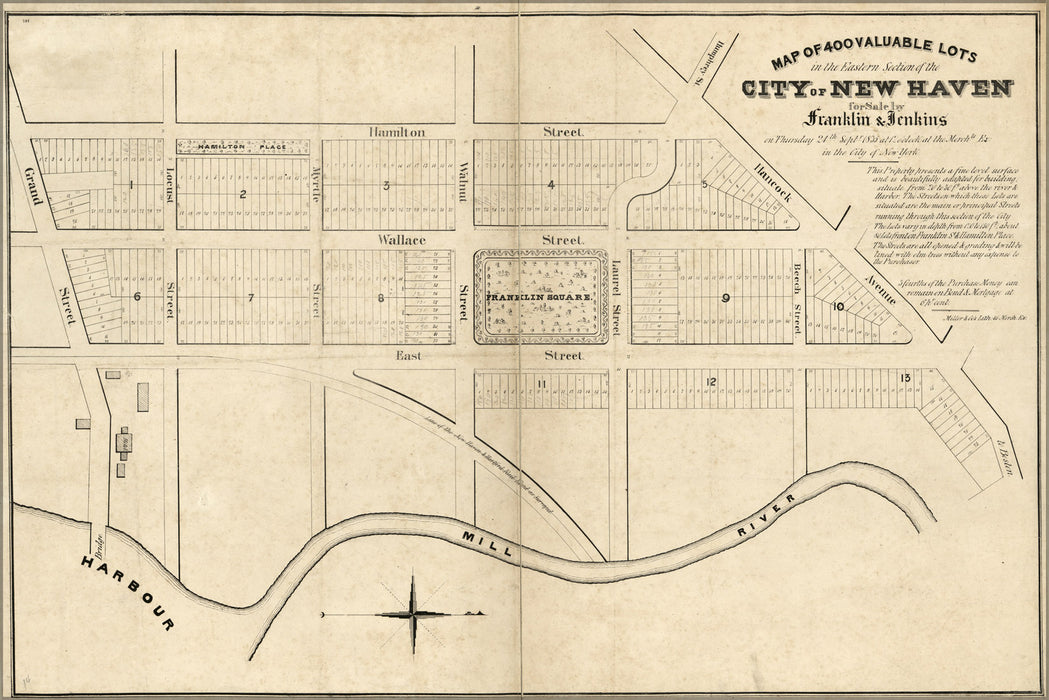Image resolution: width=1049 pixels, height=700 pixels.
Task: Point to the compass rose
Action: [413, 612]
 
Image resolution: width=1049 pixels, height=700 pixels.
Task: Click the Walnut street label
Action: [464, 182]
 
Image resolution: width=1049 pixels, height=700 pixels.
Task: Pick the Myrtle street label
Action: [315, 184]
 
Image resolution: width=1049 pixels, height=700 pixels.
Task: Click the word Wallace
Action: [401, 241]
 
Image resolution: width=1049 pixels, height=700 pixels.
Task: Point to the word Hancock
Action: [773, 181]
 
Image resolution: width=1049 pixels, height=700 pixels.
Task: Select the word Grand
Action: [32, 188]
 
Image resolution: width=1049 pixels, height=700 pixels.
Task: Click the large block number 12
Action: [711, 381]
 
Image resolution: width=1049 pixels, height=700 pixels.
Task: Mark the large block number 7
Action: [251, 297]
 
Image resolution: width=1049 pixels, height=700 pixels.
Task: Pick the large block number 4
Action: [551, 184]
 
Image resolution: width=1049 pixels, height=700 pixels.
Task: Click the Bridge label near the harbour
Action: [100, 546]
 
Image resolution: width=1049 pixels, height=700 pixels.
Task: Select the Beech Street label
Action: [798, 297]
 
